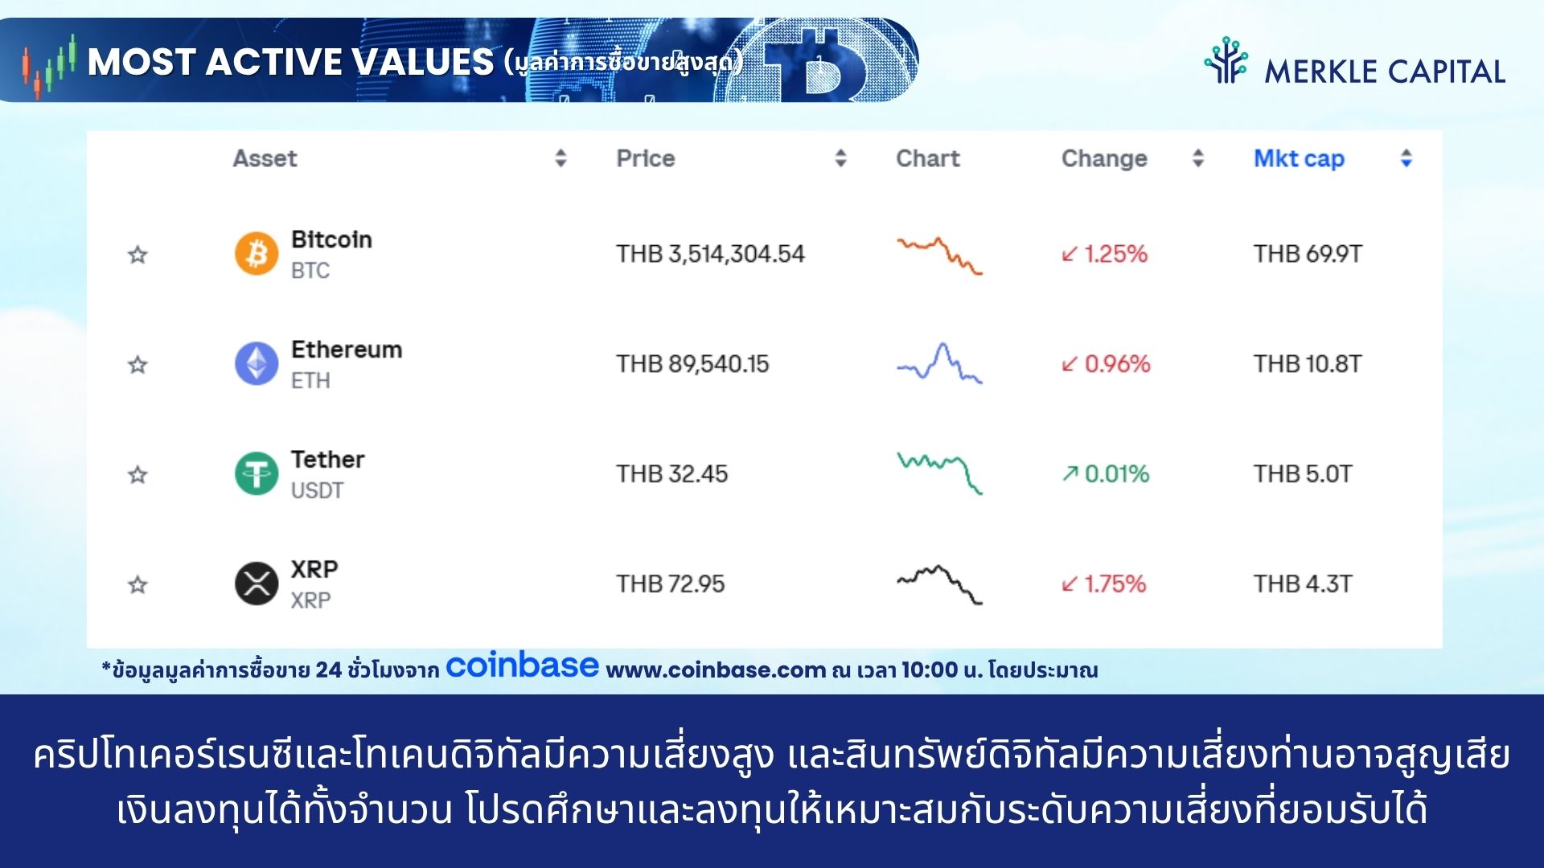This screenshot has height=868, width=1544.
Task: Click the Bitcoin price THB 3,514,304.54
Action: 710,254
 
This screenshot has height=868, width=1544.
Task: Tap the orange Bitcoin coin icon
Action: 257,254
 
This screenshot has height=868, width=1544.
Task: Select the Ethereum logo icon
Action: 257,364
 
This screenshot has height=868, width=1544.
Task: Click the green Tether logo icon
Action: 257,474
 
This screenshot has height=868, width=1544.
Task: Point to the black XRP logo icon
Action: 257,583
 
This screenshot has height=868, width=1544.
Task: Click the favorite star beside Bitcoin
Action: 138,255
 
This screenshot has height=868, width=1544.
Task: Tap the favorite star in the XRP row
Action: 138,584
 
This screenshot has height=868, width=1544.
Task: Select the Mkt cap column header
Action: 1299,158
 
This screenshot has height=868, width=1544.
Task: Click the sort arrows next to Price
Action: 840,158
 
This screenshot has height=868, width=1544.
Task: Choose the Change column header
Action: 1104,158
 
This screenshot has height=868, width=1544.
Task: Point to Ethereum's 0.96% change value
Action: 1106,364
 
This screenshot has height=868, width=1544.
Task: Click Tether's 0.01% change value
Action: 1106,474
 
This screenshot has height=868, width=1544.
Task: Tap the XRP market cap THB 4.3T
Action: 1303,583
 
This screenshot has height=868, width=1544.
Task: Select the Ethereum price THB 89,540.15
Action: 692,364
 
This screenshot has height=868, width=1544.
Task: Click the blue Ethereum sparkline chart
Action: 939,363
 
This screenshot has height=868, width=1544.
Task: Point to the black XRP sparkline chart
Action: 939,584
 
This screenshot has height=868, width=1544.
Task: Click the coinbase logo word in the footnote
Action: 522,665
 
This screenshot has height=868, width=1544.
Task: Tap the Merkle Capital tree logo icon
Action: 1226,60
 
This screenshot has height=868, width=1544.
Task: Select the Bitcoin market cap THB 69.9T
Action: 1308,254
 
